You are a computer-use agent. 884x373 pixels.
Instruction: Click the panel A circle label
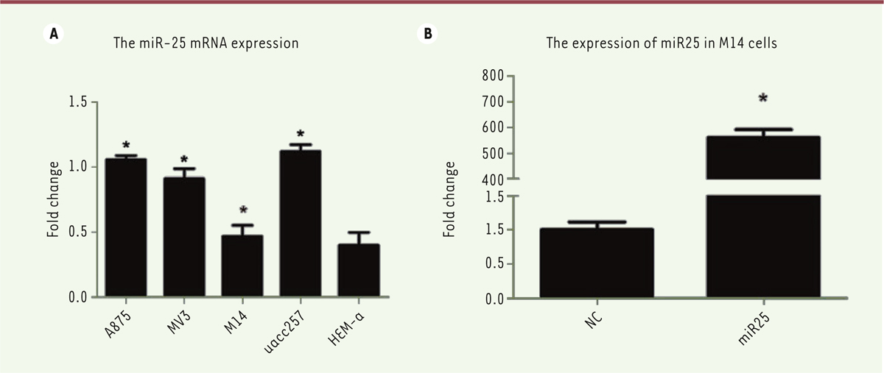tap(52, 33)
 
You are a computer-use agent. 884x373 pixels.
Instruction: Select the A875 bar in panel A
tap(126, 228)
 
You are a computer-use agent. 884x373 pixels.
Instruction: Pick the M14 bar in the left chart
tap(242, 266)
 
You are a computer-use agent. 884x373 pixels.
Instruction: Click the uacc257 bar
tap(301, 224)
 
